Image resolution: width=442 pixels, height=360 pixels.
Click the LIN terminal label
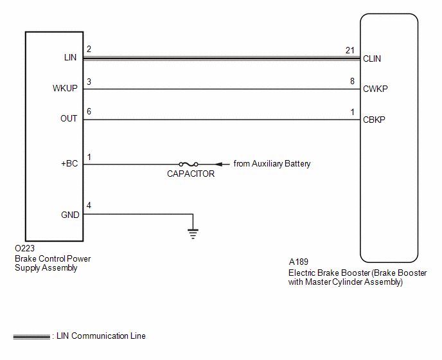[x=70, y=58]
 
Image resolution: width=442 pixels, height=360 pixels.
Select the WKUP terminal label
[x=65, y=88]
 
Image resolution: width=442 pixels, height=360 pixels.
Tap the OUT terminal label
[x=69, y=118]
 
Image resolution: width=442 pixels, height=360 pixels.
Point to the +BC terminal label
[x=69, y=164]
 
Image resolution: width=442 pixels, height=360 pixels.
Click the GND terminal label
[x=70, y=215]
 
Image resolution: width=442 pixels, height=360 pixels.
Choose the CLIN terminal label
[x=372, y=59]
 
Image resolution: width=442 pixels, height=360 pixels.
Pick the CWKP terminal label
[x=375, y=89]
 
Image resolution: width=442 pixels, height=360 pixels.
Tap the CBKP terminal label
[x=374, y=120]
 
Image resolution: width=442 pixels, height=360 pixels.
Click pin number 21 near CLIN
[x=350, y=50]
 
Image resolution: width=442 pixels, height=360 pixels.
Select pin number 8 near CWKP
[x=352, y=81]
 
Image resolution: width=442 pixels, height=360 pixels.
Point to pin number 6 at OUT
[x=89, y=111]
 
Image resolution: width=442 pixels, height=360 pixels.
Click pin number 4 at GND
[x=89, y=205]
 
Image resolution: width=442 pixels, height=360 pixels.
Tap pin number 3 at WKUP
[x=89, y=82]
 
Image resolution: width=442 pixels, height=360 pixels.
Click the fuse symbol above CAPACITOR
[x=189, y=164]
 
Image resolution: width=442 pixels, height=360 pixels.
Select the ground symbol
[x=193, y=234]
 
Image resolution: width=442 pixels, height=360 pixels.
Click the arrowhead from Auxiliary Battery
[x=218, y=164]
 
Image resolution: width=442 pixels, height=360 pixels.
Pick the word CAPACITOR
[x=191, y=174]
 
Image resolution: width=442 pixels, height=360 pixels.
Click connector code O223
[x=25, y=248]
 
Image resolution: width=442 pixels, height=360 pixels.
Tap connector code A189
[x=299, y=262]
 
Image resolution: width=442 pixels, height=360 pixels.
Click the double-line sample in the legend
[x=31, y=337]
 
